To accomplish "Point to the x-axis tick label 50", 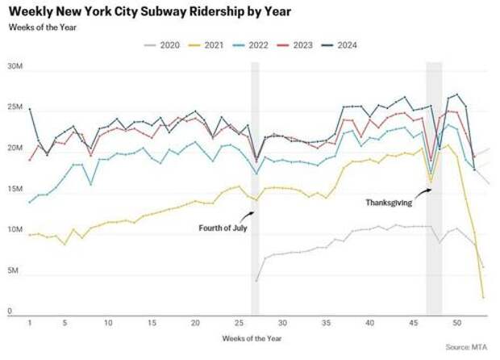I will pos(456,323).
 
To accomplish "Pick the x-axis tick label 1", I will pos(30,323).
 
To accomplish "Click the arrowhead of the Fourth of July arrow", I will pos(254,212).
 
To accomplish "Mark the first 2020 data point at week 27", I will pos(256,281).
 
